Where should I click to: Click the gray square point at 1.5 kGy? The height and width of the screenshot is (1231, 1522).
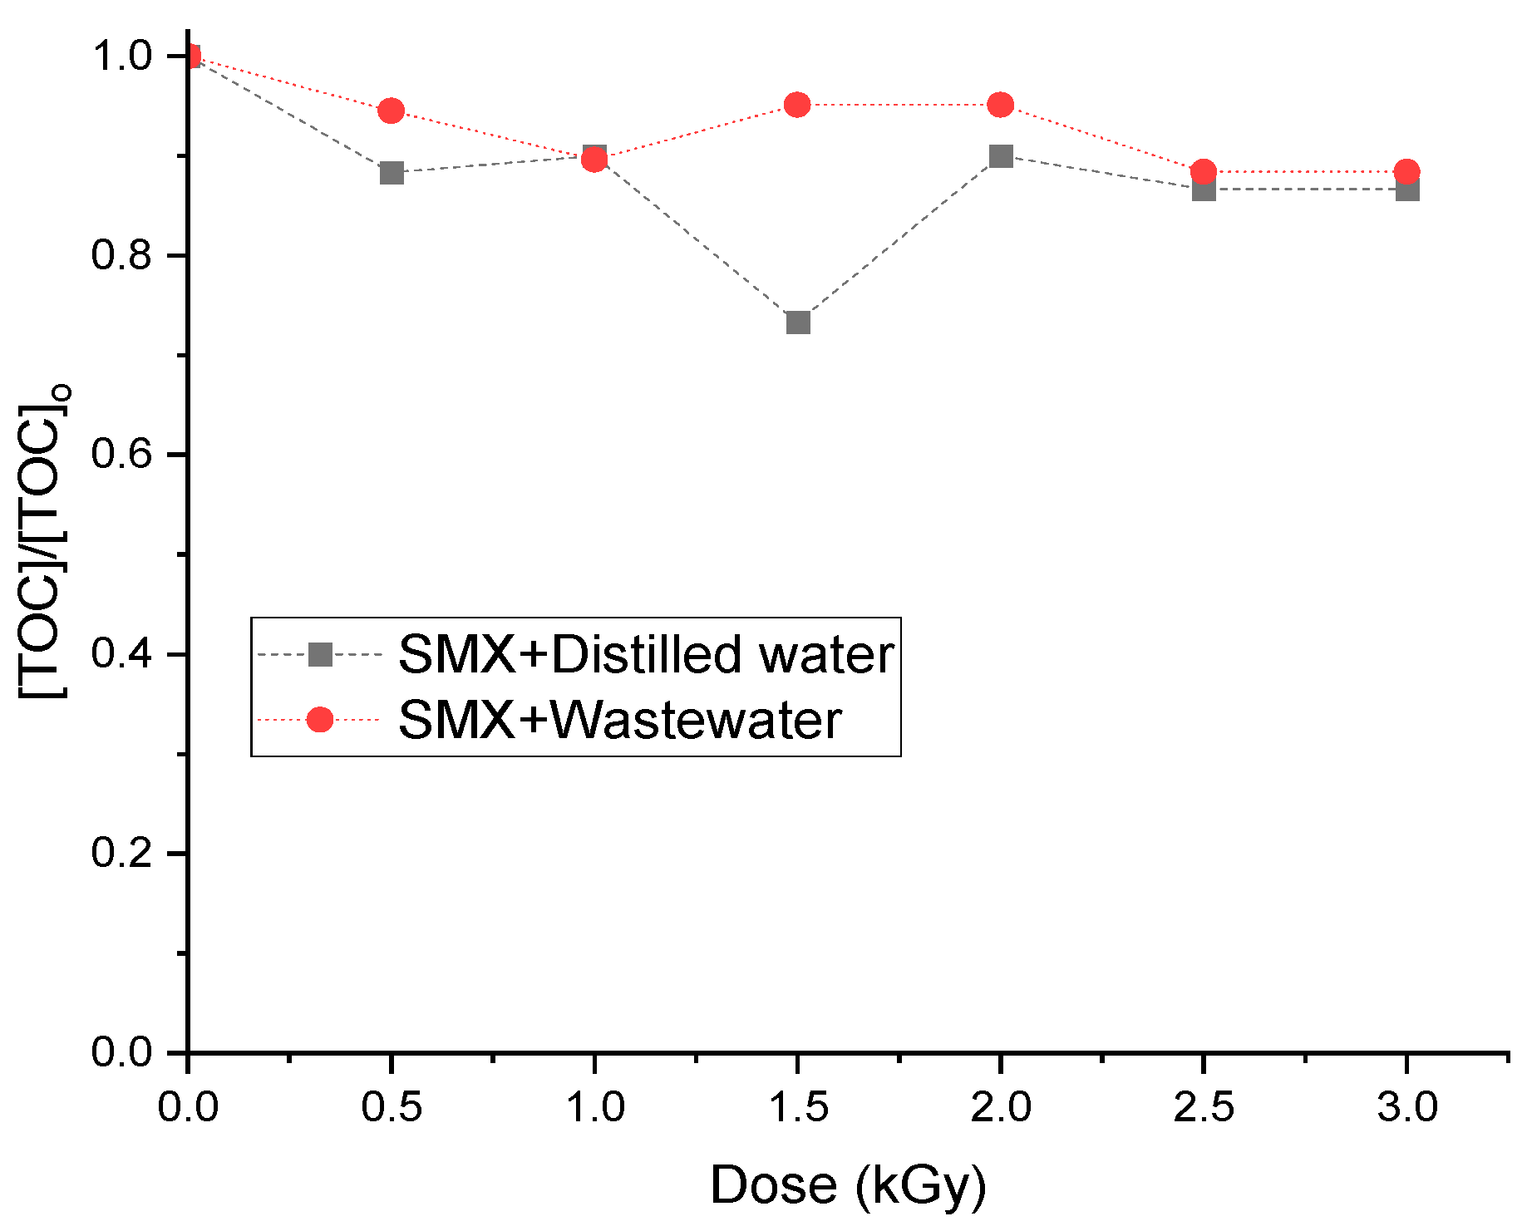[798, 322]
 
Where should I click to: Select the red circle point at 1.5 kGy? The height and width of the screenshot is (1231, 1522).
[797, 105]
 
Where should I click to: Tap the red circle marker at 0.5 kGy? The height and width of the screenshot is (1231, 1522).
[392, 111]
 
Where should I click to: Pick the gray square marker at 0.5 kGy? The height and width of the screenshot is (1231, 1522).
[392, 173]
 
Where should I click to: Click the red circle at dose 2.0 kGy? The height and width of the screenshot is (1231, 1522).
[1001, 105]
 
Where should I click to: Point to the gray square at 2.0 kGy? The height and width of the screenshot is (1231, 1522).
[1001, 156]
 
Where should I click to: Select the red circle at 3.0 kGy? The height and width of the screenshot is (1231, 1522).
[1406, 172]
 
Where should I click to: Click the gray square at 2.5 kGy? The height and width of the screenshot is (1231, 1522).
[1204, 190]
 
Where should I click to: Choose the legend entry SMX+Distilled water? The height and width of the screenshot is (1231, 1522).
[646, 654]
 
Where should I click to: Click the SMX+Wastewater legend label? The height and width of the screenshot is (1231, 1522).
[620, 720]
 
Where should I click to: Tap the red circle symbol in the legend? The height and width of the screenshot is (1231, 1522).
[320, 720]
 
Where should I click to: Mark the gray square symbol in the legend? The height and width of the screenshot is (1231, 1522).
[320, 654]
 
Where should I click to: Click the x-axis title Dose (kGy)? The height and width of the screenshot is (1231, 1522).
[848, 1184]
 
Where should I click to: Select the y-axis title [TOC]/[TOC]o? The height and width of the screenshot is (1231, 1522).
[43, 540]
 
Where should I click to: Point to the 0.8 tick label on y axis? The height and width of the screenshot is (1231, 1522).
[121, 255]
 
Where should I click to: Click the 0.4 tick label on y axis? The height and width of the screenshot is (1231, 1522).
[121, 654]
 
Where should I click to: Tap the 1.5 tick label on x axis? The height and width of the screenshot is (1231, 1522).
[797, 1107]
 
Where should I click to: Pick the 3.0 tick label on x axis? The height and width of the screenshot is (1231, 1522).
[1406, 1107]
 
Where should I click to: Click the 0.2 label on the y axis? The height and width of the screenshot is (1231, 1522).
[121, 854]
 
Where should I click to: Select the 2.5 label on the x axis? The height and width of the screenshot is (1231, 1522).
[1204, 1107]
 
